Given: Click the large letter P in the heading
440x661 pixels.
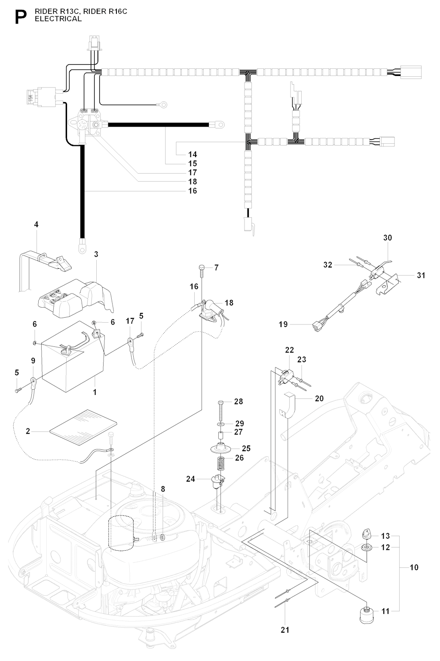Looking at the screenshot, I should coord(19,17).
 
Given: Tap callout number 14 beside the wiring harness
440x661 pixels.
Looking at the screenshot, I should coord(192,154).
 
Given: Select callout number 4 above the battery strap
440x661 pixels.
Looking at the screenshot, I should coord(36,224).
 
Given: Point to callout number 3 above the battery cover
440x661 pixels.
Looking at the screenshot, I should coord(96,254).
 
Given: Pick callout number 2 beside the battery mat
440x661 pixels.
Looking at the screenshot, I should coord(28,431).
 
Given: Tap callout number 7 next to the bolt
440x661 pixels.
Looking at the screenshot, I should coord(216,268).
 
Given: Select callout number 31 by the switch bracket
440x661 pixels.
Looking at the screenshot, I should coord(421,275).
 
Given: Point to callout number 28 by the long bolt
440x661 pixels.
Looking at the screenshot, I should coord(238,401).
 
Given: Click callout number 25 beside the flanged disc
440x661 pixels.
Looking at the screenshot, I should coord(246,448).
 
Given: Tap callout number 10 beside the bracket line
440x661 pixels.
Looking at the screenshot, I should coord(414,567).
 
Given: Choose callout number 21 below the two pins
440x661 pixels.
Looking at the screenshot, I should coord(285,630).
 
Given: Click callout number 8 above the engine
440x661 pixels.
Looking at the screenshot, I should coord(163,489).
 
